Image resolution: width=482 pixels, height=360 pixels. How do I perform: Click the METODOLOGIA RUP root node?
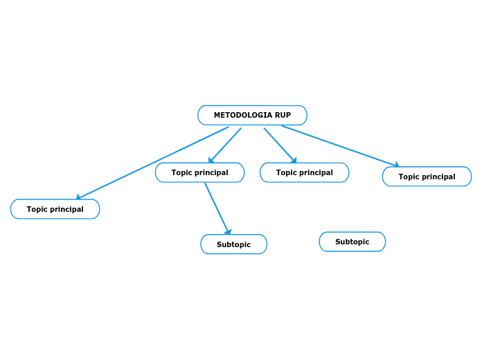(252, 115)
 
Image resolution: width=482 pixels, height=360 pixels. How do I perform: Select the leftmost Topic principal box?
(55, 209)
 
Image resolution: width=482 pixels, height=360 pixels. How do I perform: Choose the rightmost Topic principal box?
(427, 177)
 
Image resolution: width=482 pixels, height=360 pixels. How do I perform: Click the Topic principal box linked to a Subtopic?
(199, 172)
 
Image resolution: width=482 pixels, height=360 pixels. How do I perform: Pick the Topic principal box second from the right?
(304, 172)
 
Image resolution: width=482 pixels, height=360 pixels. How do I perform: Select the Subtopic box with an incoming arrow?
(233, 244)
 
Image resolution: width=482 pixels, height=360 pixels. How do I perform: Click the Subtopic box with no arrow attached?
(352, 242)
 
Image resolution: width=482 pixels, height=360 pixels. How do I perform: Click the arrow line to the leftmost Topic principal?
(152, 162)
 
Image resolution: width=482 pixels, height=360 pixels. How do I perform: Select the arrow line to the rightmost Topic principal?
(339, 145)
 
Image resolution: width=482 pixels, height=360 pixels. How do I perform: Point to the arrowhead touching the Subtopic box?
(228, 233)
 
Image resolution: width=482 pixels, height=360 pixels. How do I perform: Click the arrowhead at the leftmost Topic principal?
(79, 197)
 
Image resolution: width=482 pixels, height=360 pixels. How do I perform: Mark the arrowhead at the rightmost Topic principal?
(396, 165)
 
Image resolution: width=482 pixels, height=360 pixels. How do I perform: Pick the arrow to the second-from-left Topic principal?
(225, 145)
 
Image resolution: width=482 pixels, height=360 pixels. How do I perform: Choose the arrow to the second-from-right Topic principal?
(279, 145)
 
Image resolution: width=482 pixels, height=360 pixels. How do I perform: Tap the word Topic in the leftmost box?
(37, 209)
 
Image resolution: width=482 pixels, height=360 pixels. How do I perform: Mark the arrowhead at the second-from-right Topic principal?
(294, 161)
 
